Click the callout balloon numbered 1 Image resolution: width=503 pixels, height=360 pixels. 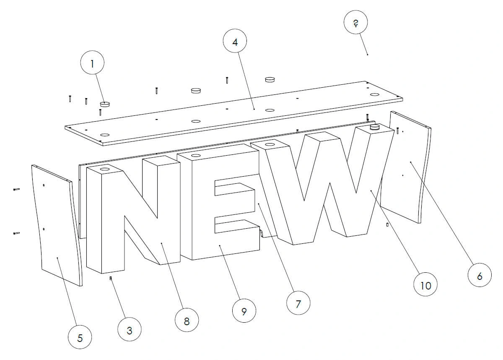coord(92,63)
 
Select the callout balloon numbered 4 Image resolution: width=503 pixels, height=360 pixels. coord(235,41)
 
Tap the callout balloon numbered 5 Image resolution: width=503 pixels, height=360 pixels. coord(80,337)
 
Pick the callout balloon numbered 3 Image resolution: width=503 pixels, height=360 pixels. coord(130,329)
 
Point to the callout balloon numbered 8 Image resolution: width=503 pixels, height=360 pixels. coord(187,320)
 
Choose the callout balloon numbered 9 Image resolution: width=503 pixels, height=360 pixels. coord(244,310)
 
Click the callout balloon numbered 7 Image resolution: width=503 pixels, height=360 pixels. coord(298,303)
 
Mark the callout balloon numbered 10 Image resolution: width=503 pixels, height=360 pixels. coord(425,284)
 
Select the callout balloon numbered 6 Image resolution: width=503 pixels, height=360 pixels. coord(480,275)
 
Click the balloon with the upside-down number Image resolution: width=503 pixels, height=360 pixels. coord(356,22)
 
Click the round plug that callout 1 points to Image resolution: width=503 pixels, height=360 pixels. coord(105,104)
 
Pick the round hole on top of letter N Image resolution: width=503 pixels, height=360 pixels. coord(105,169)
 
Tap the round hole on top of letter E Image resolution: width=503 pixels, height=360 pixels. coord(196,156)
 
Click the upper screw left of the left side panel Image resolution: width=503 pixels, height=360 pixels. coord(17,189)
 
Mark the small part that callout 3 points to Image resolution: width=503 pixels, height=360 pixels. coord(111,279)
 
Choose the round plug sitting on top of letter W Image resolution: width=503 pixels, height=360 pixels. coord(374,128)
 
